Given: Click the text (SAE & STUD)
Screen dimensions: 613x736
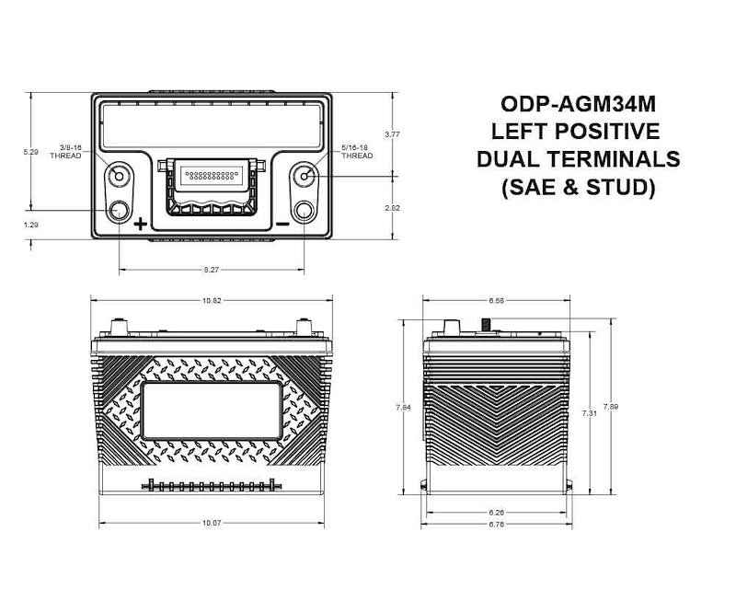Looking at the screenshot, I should pyautogui.click(x=577, y=187).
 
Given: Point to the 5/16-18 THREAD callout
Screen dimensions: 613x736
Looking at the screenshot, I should pyautogui.click(x=356, y=151).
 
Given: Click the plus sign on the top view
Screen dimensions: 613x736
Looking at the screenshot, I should pyautogui.click(x=140, y=224).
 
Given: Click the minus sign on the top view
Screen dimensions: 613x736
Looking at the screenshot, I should pyautogui.click(x=282, y=224).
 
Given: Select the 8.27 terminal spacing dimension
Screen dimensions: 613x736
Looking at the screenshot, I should pyautogui.click(x=211, y=270).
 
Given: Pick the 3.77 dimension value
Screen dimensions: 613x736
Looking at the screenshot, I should pyautogui.click(x=392, y=134).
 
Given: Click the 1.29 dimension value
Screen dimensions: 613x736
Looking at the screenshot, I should pyautogui.click(x=30, y=224).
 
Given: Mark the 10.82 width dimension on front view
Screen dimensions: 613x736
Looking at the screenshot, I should pyautogui.click(x=212, y=300).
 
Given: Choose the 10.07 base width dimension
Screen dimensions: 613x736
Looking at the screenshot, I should pyautogui.click(x=212, y=524).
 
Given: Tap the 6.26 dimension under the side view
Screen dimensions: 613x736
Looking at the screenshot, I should pyautogui.click(x=497, y=512).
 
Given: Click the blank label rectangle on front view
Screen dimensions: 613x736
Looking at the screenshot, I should pyautogui.click(x=212, y=412).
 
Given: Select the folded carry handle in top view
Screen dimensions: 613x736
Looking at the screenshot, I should pyautogui.click(x=212, y=184).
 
